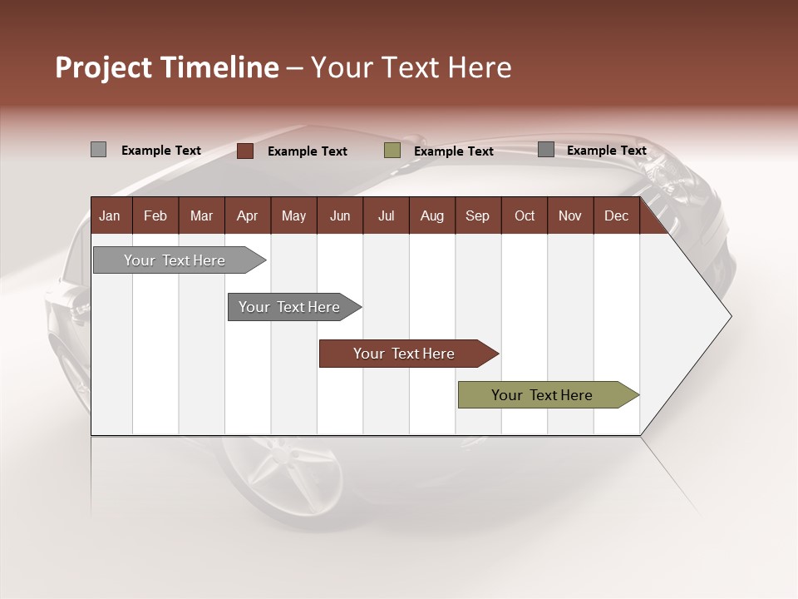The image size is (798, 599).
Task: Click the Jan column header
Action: [x=110, y=215]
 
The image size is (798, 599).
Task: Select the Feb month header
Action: [x=155, y=215]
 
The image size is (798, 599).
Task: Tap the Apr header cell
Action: [x=247, y=215]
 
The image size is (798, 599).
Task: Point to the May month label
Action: [x=293, y=215]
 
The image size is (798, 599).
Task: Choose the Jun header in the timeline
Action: [x=340, y=215]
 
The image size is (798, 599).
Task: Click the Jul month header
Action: [x=386, y=215]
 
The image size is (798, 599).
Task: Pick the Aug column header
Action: [x=431, y=215]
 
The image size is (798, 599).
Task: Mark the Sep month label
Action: [x=477, y=215]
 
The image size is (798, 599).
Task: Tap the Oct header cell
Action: [x=525, y=215]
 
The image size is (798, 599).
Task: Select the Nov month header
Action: [x=570, y=215]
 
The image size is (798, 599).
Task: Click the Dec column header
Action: [x=616, y=215]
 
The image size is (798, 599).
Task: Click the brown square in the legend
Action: [x=245, y=151]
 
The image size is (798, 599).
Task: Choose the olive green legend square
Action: [x=392, y=151]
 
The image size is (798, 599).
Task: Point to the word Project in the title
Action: [x=104, y=67]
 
